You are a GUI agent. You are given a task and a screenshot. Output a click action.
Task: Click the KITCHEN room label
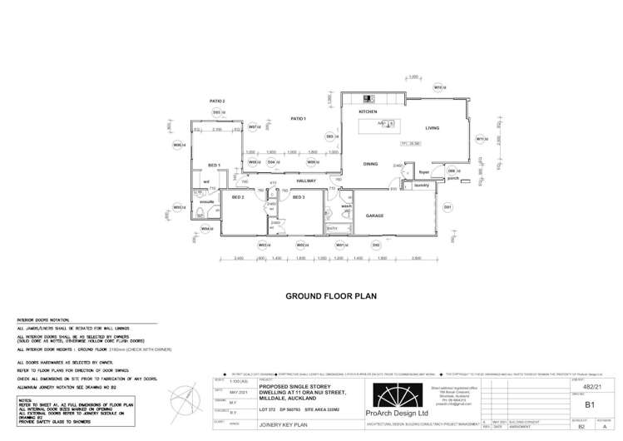tap(368, 111)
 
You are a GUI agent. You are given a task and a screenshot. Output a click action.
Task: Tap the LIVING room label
tap(433, 128)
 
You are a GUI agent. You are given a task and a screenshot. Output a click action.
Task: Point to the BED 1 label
tap(214, 166)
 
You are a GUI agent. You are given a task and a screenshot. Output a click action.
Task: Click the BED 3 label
tap(299, 197)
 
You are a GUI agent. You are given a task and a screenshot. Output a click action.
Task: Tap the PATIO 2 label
tap(217, 101)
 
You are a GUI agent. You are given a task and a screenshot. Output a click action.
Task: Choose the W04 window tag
tap(205, 228)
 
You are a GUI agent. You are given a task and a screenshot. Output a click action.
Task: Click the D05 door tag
tap(330, 136)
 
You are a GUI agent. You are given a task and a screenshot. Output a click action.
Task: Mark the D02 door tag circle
tap(376, 245)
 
